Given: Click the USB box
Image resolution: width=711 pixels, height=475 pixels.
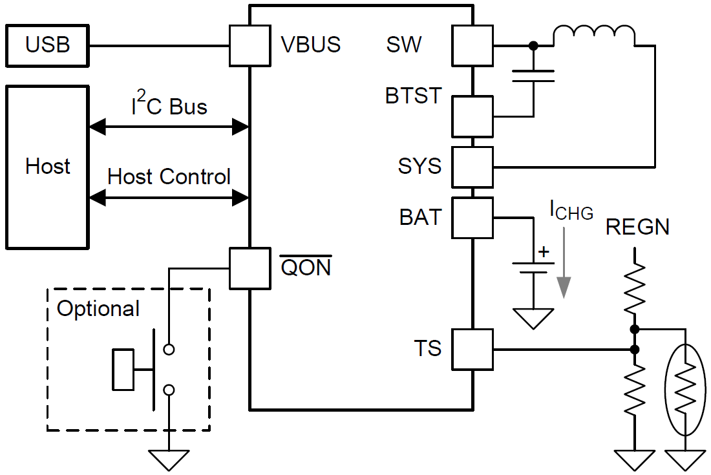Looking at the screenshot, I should [x=47, y=46].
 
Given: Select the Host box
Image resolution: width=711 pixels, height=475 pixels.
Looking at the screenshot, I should [x=47, y=167].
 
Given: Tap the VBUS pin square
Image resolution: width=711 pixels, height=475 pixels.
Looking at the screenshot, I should [x=249, y=46].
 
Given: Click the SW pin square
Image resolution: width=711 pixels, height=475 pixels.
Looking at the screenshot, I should [x=472, y=46].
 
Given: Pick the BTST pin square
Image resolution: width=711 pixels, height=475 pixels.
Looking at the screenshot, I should [x=472, y=117].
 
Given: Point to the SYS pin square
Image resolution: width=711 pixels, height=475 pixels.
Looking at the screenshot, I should [x=472, y=167].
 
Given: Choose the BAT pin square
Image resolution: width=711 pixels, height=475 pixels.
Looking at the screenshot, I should [x=472, y=217].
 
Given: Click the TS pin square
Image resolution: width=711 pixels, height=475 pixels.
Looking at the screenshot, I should [x=472, y=350].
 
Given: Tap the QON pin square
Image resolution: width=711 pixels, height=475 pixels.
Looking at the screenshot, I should [x=249, y=268].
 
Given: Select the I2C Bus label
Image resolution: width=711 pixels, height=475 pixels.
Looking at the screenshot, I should [x=169, y=105].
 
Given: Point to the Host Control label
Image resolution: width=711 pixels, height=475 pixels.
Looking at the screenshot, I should [x=169, y=176].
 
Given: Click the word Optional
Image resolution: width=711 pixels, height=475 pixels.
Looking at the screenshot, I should [x=98, y=309].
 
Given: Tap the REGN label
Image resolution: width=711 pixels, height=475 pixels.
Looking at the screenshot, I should [x=637, y=227].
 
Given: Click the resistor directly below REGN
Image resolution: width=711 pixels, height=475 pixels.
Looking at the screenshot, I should [x=635, y=288].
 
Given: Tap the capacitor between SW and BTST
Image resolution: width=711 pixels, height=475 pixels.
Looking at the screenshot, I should [x=533, y=76].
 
